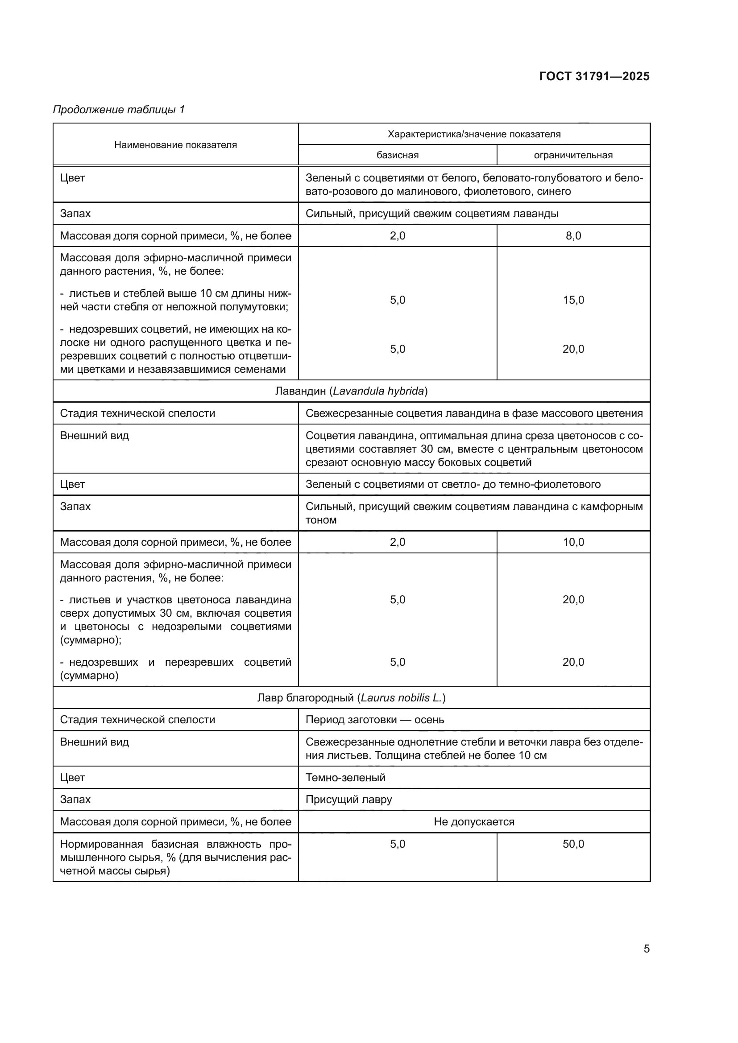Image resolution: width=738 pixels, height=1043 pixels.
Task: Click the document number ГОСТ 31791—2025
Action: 594,76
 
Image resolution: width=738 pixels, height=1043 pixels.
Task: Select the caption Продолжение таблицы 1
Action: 119,110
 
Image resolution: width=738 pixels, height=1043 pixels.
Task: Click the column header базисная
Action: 397,155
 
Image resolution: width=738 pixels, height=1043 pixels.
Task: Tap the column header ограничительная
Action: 573,155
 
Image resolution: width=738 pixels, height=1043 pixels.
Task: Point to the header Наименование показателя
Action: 175,145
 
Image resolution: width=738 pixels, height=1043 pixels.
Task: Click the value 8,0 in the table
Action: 573,236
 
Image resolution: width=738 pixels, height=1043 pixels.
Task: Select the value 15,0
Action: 573,300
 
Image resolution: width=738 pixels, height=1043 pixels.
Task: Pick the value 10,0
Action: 573,542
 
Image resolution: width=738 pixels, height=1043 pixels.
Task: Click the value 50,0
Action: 573,844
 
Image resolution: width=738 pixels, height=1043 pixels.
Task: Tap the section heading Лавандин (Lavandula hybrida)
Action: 351,391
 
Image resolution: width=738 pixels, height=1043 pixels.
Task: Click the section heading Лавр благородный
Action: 351,698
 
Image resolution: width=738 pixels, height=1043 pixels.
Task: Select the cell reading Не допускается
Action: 474,822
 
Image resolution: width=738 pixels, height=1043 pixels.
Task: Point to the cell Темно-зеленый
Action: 345,777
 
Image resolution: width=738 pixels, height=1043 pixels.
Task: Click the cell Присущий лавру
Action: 348,800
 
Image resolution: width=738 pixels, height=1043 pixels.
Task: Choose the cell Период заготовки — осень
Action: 375,720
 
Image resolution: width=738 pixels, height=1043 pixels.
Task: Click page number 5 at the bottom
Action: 646,949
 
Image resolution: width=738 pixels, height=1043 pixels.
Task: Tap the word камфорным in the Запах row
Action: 616,507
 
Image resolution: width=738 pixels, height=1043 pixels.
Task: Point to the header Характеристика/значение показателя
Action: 474,134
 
